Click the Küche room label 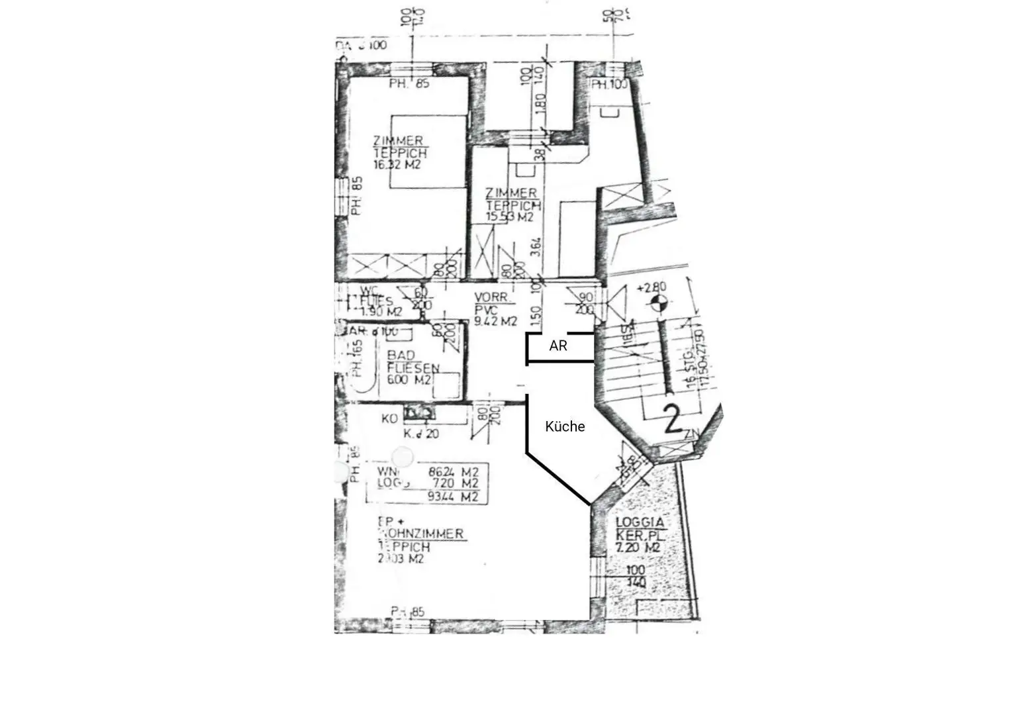pyautogui.click(x=565, y=427)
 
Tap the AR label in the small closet pyautogui.click(x=558, y=346)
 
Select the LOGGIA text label pyautogui.click(x=640, y=522)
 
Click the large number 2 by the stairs pyautogui.click(x=673, y=420)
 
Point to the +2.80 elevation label pyautogui.click(x=652, y=288)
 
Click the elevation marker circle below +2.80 pyautogui.click(x=657, y=305)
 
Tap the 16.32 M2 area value pyautogui.click(x=397, y=165)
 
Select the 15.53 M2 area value pyautogui.click(x=510, y=216)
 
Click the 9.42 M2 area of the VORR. pyautogui.click(x=495, y=322)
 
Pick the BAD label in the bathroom pyautogui.click(x=401, y=356)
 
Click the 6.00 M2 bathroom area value pyautogui.click(x=409, y=380)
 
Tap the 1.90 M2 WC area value pyautogui.click(x=381, y=312)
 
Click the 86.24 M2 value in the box pyautogui.click(x=454, y=472)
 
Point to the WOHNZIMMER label pyautogui.click(x=420, y=534)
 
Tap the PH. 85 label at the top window pyautogui.click(x=409, y=84)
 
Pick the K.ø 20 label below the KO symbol pyautogui.click(x=421, y=434)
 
